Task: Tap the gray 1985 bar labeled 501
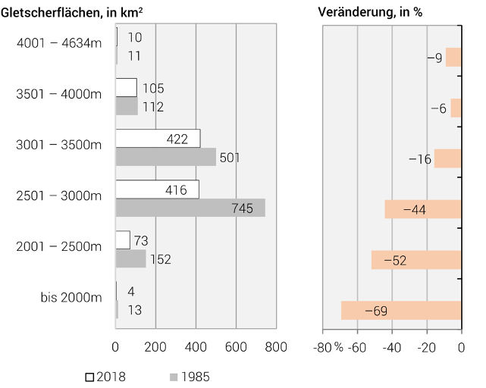click(165, 157)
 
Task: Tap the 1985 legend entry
click(189, 377)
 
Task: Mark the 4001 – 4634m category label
click(58, 43)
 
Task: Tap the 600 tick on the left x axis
click(236, 347)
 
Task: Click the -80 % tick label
click(328, 347)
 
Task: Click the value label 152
click(160, 259)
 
